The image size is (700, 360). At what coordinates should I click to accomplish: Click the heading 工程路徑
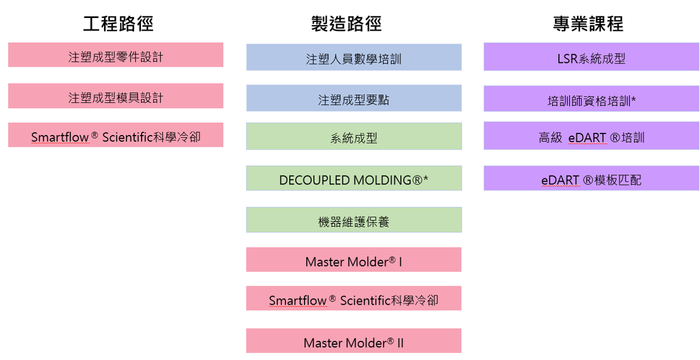[x=118, y=24]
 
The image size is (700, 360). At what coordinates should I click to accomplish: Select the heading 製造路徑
[x=346, y=24]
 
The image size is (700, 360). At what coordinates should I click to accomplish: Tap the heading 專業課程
[x=588, y=24]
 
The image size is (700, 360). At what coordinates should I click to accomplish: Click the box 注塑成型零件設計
[x=115, y=55]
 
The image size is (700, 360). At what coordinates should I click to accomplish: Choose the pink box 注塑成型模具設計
[x=115, y=96]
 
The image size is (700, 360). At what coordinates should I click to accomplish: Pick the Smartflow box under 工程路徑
[x=115, y=135]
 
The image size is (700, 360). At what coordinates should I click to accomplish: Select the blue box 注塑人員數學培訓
[x=354, y=57]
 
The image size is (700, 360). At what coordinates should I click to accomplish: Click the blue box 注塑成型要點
[x=354, y=98]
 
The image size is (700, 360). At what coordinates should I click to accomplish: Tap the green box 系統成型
[x=354, y=136]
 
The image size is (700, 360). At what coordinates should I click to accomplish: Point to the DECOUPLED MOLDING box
[x=354, y=178]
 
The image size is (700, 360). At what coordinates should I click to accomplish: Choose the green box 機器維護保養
[x=354, y=220]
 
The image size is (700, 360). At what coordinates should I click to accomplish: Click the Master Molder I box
[x=354, y=260]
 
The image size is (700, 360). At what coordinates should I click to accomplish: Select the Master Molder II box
[x=354, y=341]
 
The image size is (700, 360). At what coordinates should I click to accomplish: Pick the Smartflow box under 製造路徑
[x=354, y=298]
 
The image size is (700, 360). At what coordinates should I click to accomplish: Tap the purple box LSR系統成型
[x=591, y=56]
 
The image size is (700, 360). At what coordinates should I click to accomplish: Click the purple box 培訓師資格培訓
[x=591, y=98]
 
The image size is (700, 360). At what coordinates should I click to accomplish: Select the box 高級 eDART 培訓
[x=591, y=136]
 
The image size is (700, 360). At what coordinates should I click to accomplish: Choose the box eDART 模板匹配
[x=591, y=178]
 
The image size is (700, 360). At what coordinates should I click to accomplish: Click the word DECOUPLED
[x=314, y=181]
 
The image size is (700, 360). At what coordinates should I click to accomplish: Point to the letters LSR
[x=568, y=59]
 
